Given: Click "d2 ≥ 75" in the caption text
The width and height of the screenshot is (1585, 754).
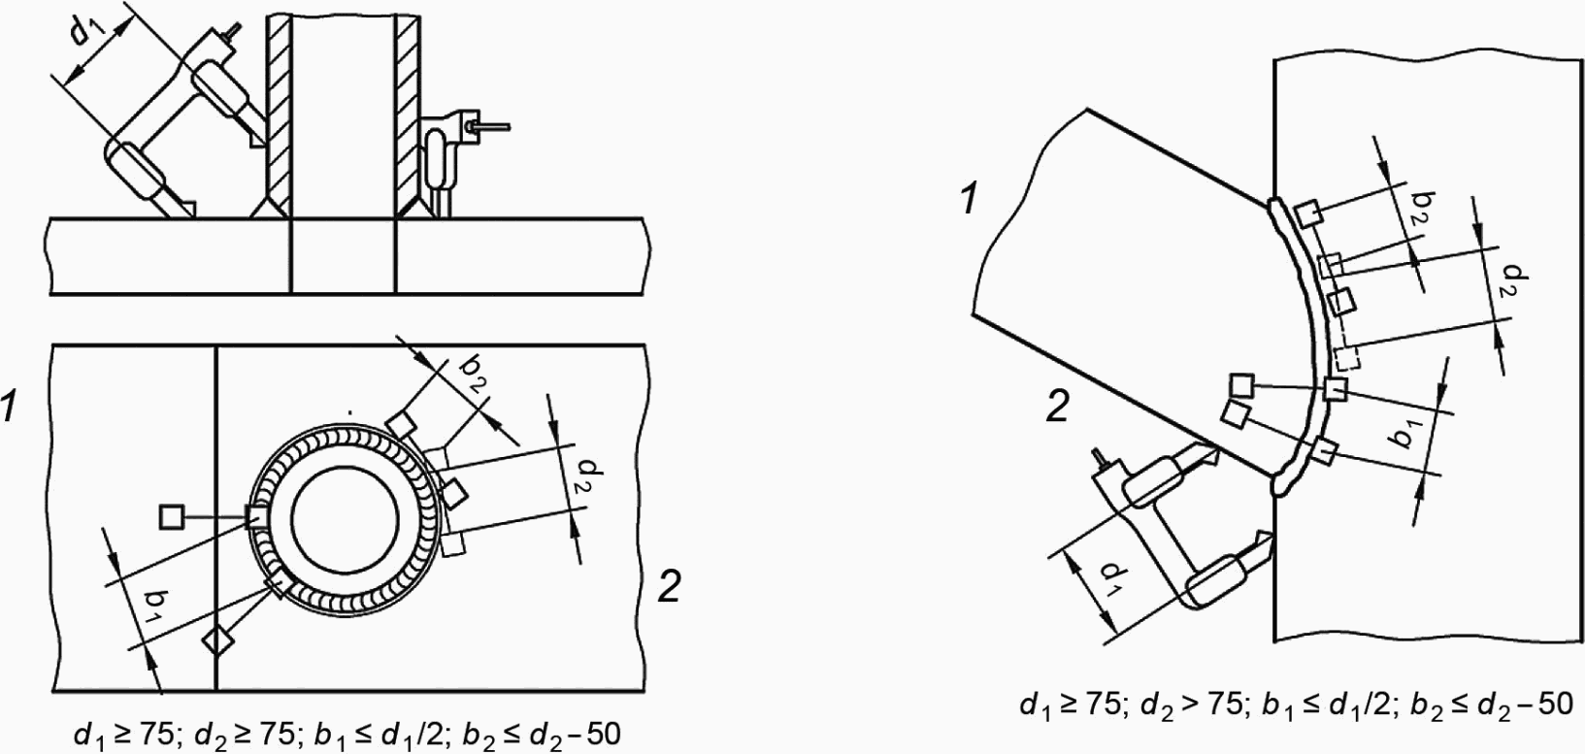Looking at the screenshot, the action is pyautogui.click(x=244, y=735).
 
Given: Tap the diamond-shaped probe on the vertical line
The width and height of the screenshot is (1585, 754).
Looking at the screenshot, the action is pyautogui.click(x=217, y=640).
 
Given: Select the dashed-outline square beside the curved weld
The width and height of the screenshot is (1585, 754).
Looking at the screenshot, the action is pyautogui.click(x=1347, y=358).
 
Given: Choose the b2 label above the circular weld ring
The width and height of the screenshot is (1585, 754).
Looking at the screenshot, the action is pyautogui.click(x=473, y=374).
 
